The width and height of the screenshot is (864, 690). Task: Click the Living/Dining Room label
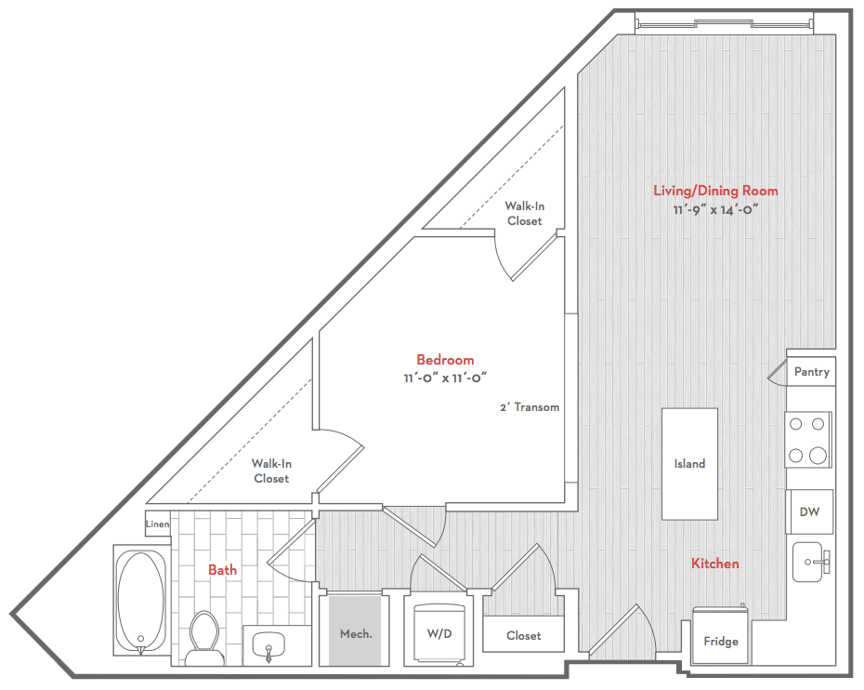click(715, 191)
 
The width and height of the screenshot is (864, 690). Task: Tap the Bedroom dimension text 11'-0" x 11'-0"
click(445, 378)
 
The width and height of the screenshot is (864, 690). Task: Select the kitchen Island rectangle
click(689, 464)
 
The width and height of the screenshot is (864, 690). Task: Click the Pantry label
click(812, 372)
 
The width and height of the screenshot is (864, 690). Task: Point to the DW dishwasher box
click(809, 511)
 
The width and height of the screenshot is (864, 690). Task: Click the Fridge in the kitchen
click(721, 635)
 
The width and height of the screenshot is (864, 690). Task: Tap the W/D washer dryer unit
click(439, 634)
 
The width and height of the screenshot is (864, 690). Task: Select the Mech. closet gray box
click(356, 630)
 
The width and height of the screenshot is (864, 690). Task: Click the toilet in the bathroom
click(203, 638)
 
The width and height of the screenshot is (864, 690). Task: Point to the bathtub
click(141, 601)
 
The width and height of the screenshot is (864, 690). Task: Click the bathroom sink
click(268, 644)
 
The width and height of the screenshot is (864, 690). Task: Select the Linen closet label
click(158, 524)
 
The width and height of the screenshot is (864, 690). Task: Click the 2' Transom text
click(530, 407)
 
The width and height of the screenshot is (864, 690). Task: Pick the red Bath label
click(223, 570)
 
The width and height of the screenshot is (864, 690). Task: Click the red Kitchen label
click(715, 564)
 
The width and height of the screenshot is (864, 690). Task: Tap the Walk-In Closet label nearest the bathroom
click(271, 471)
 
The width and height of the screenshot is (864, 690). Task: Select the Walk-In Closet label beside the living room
click(525, 214)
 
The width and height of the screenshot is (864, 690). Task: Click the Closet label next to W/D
click(523, 636)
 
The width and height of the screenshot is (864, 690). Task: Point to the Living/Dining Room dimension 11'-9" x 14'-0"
click(715, 210)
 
